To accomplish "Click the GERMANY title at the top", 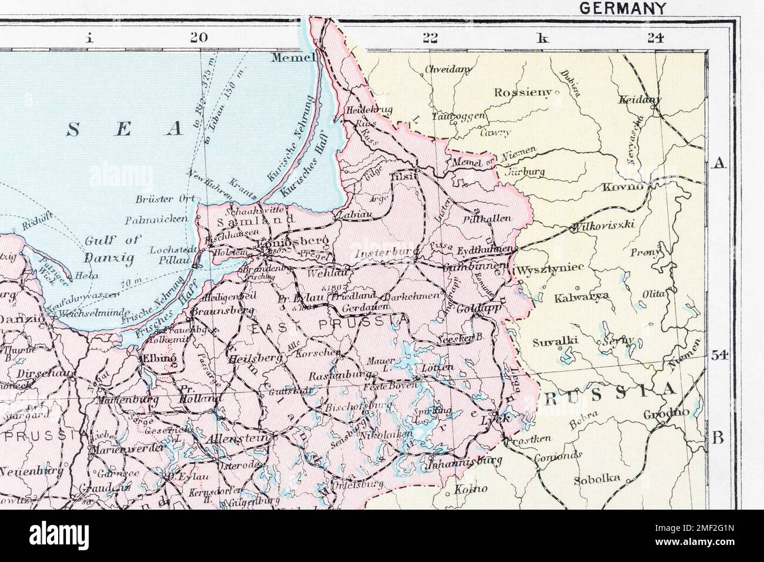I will pyautogui.click(x=622, y=8).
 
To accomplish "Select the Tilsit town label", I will pyautogui.click(x=403, y=176).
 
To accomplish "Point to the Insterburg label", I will pyautogui.click(x=381, y=254).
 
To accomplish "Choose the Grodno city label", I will pyautogui.click(x=665, y=413).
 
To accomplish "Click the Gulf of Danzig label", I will pyautogui.click(x=110, y=249).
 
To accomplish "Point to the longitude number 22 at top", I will pyautogui.click(x=430, y=38).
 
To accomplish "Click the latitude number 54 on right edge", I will pyautogui.click(x=719, y=354).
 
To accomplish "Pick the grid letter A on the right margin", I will pyautogui.click(x=717, y=165).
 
